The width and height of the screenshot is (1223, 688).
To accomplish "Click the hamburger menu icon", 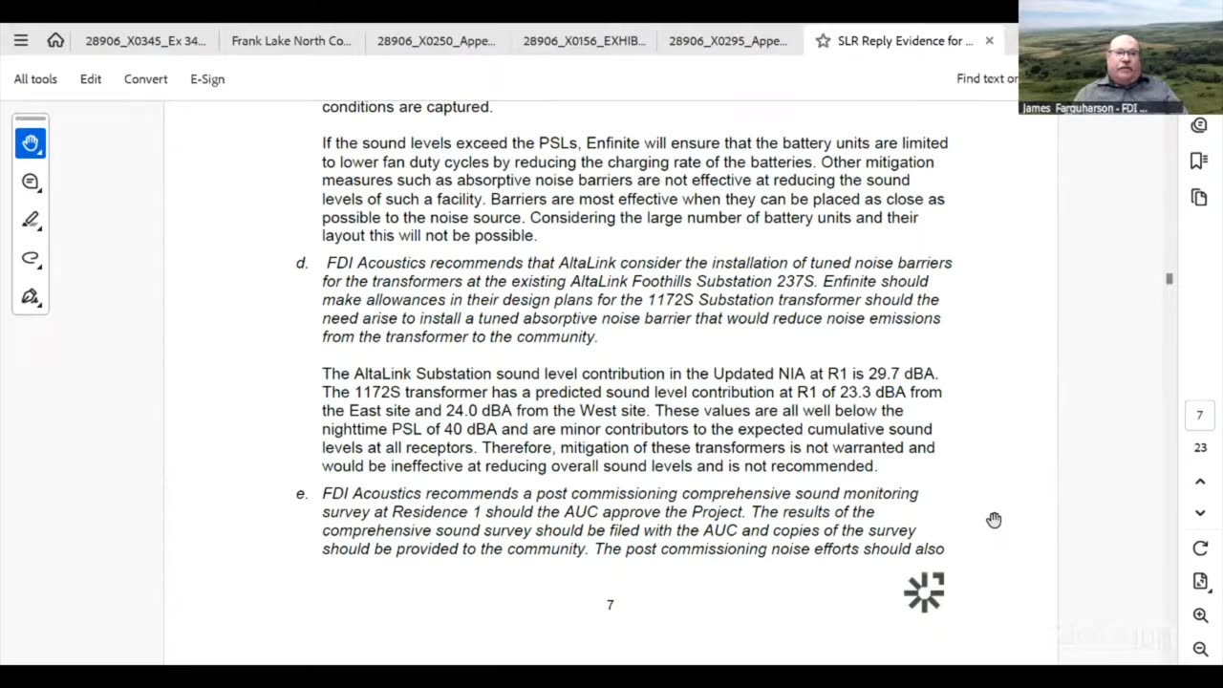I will (21, 41).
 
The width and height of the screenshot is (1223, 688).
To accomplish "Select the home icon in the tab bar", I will (55, 41).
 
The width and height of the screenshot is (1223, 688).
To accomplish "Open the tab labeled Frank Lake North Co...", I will (290, 41).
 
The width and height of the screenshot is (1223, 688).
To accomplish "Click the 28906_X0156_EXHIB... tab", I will (584, 41).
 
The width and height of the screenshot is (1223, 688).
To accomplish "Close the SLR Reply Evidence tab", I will (989, 41).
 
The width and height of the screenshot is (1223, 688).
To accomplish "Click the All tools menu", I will (35, 79).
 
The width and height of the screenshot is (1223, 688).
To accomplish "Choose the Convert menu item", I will (145, 79).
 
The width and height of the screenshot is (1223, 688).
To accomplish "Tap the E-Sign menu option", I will (207, 79).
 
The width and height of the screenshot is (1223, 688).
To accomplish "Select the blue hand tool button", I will (31, 143).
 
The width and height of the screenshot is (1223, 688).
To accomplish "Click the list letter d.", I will (302, 263).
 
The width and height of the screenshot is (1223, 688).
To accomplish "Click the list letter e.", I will (302, 494).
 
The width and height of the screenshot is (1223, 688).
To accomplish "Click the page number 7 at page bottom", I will (610, 605).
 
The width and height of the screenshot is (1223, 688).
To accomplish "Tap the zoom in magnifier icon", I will (1200, 616).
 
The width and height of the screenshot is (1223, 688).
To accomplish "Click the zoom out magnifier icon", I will (1200, 650).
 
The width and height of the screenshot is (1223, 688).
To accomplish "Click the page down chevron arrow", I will (1200, 513).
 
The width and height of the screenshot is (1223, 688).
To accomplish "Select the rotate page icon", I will (1200, 548).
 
